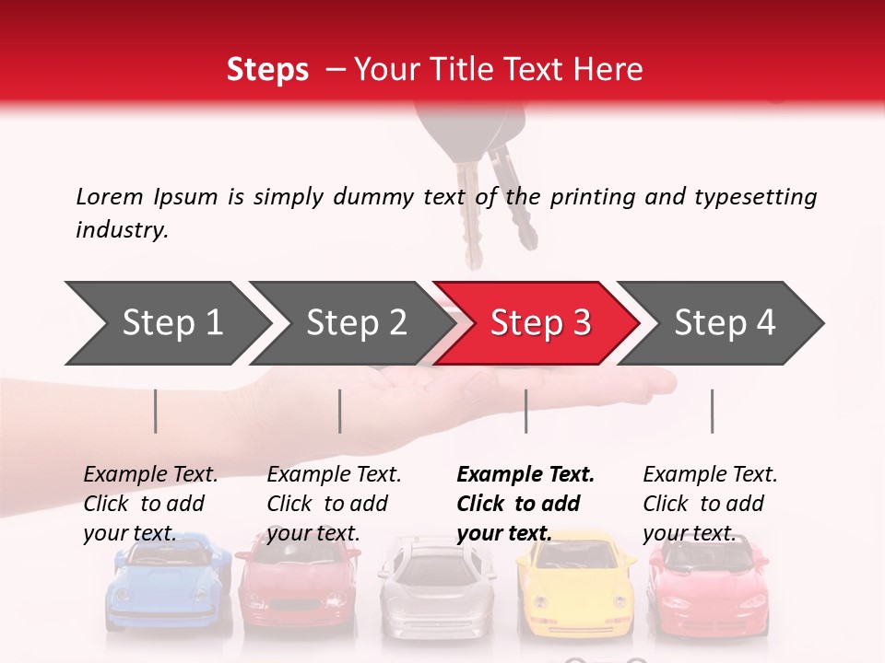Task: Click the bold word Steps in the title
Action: coord(267,70)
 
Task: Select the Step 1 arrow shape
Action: coord(168,323)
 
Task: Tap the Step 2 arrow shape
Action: coord(352,323)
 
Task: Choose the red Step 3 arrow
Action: coord(537,323)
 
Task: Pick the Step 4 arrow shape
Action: coord(721,323)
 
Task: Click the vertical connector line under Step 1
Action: coord(155,412)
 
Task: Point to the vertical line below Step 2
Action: coord(340,412)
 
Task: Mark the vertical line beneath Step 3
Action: coord(525,412)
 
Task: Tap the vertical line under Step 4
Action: coord(713,412)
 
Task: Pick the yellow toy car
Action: coord(575,587)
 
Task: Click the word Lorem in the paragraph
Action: coord(110,197)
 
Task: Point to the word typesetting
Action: coord(756,198)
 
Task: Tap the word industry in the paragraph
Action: coord(123,230)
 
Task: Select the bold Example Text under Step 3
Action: coord(525,474)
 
